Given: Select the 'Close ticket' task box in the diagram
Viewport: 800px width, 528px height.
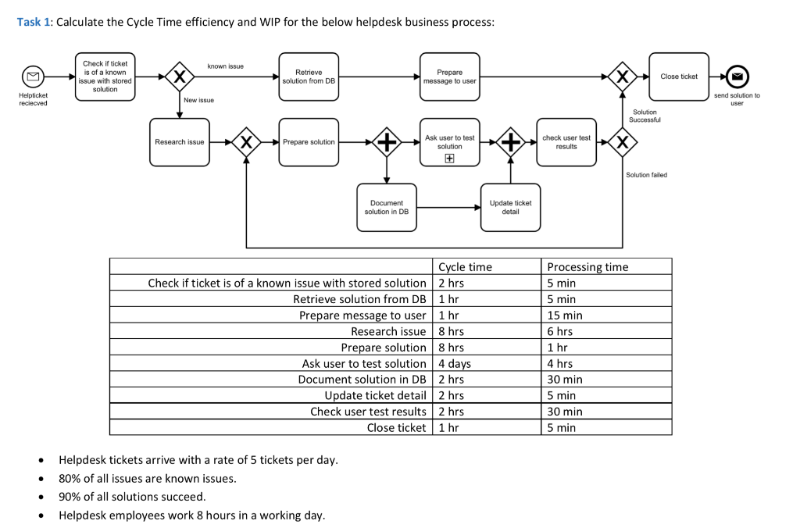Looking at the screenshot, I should point(678,77).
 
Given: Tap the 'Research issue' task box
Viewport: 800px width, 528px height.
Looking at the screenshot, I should point(180,142).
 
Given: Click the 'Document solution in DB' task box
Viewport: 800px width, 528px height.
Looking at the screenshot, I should point(387,207).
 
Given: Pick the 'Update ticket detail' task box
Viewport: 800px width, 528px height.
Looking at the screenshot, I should point(510,207).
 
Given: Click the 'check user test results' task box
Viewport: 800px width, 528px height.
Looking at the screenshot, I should point(566,142).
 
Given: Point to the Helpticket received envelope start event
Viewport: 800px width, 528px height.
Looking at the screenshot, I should point(33,77).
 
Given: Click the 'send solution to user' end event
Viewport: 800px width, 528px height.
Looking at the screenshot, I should point(736,77).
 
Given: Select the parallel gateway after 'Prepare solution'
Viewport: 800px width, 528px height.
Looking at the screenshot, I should point(387,142).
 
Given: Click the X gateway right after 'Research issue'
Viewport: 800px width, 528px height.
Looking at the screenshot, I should point(246,142).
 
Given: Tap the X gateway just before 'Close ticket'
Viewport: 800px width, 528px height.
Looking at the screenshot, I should point(622,77).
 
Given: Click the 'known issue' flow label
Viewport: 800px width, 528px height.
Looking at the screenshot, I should point(225,66).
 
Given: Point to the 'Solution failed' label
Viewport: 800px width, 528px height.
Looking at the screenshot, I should point(646,175).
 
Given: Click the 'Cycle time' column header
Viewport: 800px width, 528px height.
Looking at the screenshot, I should point(465,267).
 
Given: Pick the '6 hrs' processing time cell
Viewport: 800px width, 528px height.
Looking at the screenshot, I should point(559,331).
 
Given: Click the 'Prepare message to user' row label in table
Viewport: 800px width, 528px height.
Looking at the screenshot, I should point(362,316).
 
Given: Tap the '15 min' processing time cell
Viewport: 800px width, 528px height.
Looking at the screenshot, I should point(565,316).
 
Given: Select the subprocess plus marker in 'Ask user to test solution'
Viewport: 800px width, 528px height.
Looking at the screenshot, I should point(449,159).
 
